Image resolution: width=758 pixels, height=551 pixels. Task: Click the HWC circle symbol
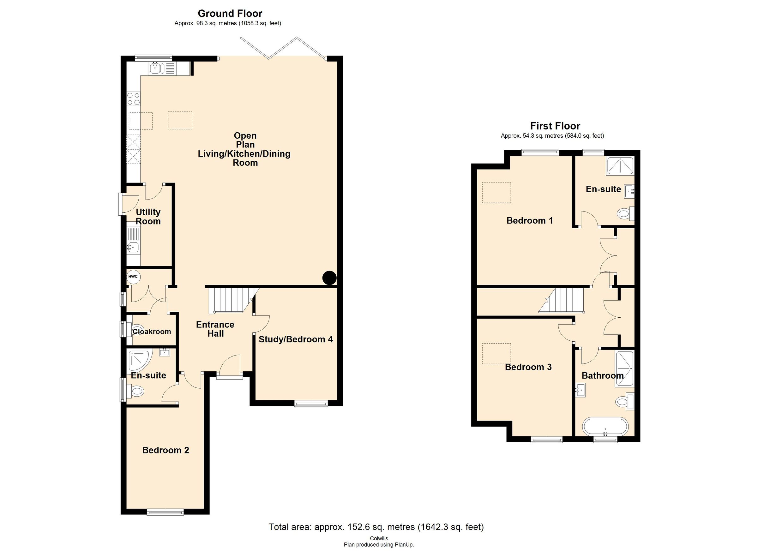click(133, 277)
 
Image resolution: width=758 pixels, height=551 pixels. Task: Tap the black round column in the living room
click(329, 278)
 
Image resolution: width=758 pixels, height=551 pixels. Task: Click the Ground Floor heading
click(230, 13)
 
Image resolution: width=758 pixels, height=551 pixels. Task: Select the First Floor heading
click(555, 126)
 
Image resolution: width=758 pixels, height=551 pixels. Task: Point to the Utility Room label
click(148, 217)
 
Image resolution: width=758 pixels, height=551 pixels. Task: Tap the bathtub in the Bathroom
click(605, 427)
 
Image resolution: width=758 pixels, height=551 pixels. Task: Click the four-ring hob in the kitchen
click(133, 99)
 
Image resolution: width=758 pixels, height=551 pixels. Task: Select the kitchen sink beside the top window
click(156, 68)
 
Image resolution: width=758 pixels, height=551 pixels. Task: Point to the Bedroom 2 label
click(165, 450)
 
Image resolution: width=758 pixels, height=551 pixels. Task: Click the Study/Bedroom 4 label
click(295, 339)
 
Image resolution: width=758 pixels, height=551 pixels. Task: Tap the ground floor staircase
click(231, 300)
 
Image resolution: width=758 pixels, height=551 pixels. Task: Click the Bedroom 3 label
click(528, 367)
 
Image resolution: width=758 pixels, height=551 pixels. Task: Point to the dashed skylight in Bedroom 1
click(496, 193)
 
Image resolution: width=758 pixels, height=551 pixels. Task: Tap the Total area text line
click(376, 527)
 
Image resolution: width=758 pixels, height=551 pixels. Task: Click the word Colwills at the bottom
click(379, 538)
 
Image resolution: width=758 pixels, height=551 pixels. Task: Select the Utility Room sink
click(133, 247)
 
